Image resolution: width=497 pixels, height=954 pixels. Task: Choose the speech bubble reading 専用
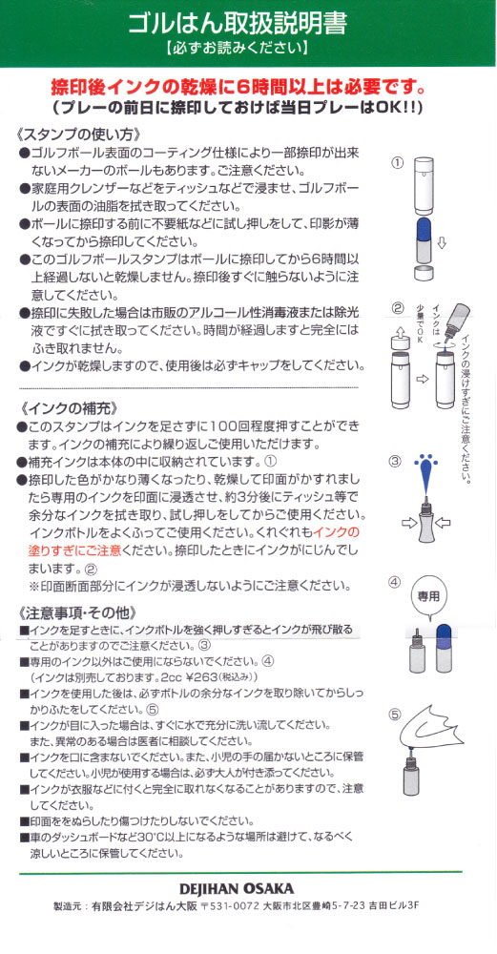tap(431, 595)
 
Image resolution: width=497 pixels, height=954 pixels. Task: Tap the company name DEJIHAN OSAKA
tap(248, 888)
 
